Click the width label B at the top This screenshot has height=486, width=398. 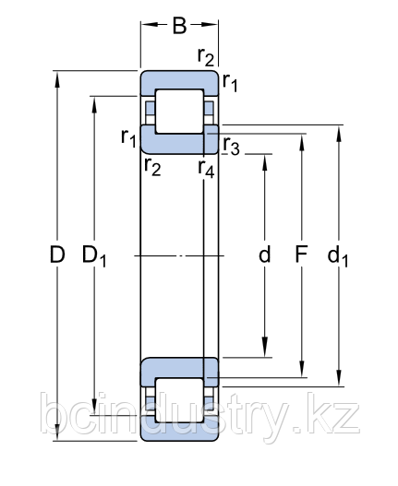(x=179, y=25)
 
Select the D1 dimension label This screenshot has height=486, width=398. (x=94, y=256)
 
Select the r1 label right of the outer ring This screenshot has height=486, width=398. (x=231, y=84)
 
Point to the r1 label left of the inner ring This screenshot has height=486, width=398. (x=129, y=138)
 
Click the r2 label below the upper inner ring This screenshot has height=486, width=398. (x=152, y=167)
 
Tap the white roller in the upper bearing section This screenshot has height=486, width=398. (x=179, y=111)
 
